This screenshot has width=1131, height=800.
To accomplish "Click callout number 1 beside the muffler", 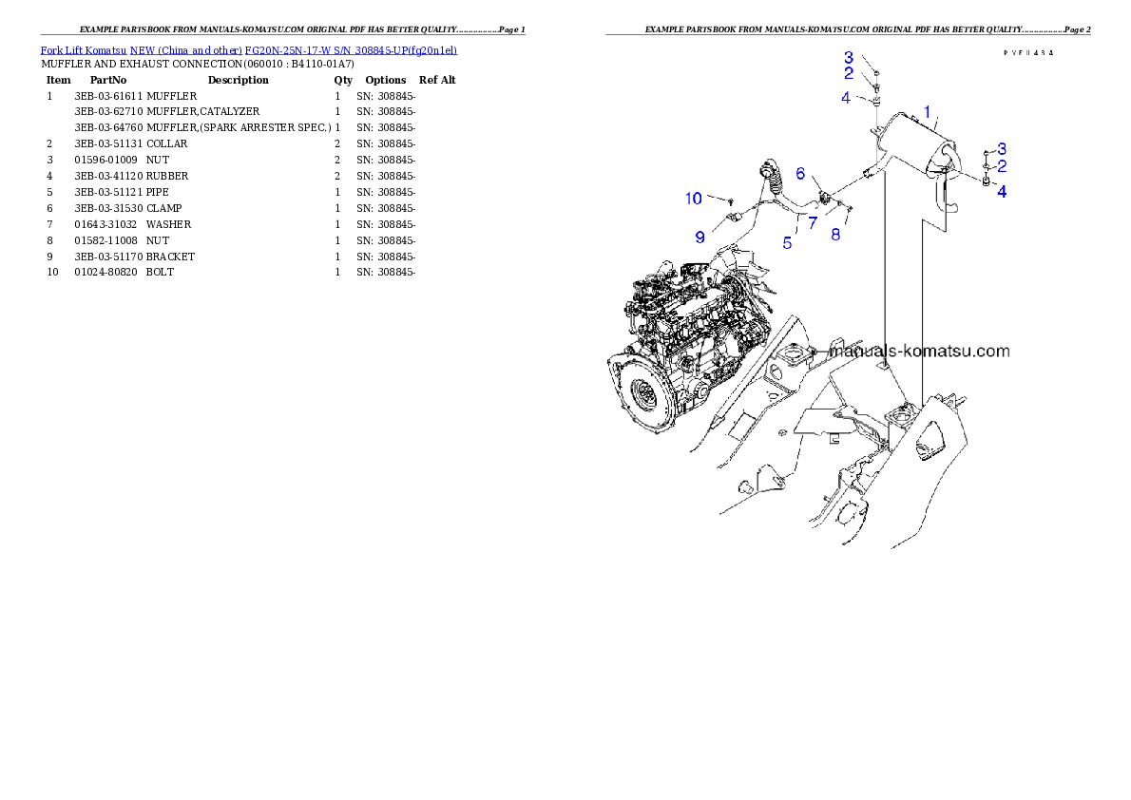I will click(928, 111).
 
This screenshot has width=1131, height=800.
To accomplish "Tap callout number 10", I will click(694, 199).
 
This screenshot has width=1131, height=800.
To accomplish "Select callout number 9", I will click(700, 236).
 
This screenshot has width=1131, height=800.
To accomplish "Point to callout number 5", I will click(787, 243).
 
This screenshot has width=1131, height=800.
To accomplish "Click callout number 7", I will click(813, 222).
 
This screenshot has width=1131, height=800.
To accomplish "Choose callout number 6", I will click(800, 174).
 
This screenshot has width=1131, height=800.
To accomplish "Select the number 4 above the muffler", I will click(845, 97).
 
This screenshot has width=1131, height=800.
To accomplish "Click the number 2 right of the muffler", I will click(1002, 166).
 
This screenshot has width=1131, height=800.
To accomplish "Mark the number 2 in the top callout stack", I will click(849, 73).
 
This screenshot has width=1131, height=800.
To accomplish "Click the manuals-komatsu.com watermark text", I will click(919, 351).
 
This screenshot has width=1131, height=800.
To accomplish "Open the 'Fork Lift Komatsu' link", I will click(84, 49).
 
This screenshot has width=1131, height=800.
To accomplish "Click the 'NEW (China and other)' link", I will click(186, 49).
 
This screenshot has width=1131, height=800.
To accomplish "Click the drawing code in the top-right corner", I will click(1028, 52).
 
